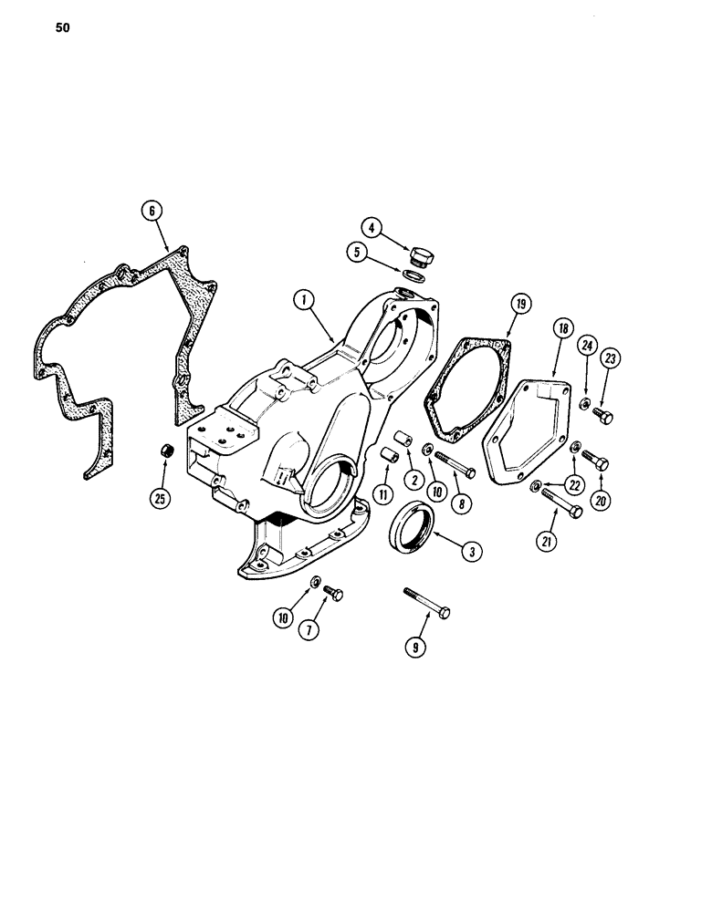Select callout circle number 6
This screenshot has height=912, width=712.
pyautogui.click(x=153, y=210)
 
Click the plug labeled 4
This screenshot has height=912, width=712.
pyautogui.click(x=422, y=255)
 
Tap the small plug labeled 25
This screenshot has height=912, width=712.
pyautogui.click(x=167, y=451)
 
